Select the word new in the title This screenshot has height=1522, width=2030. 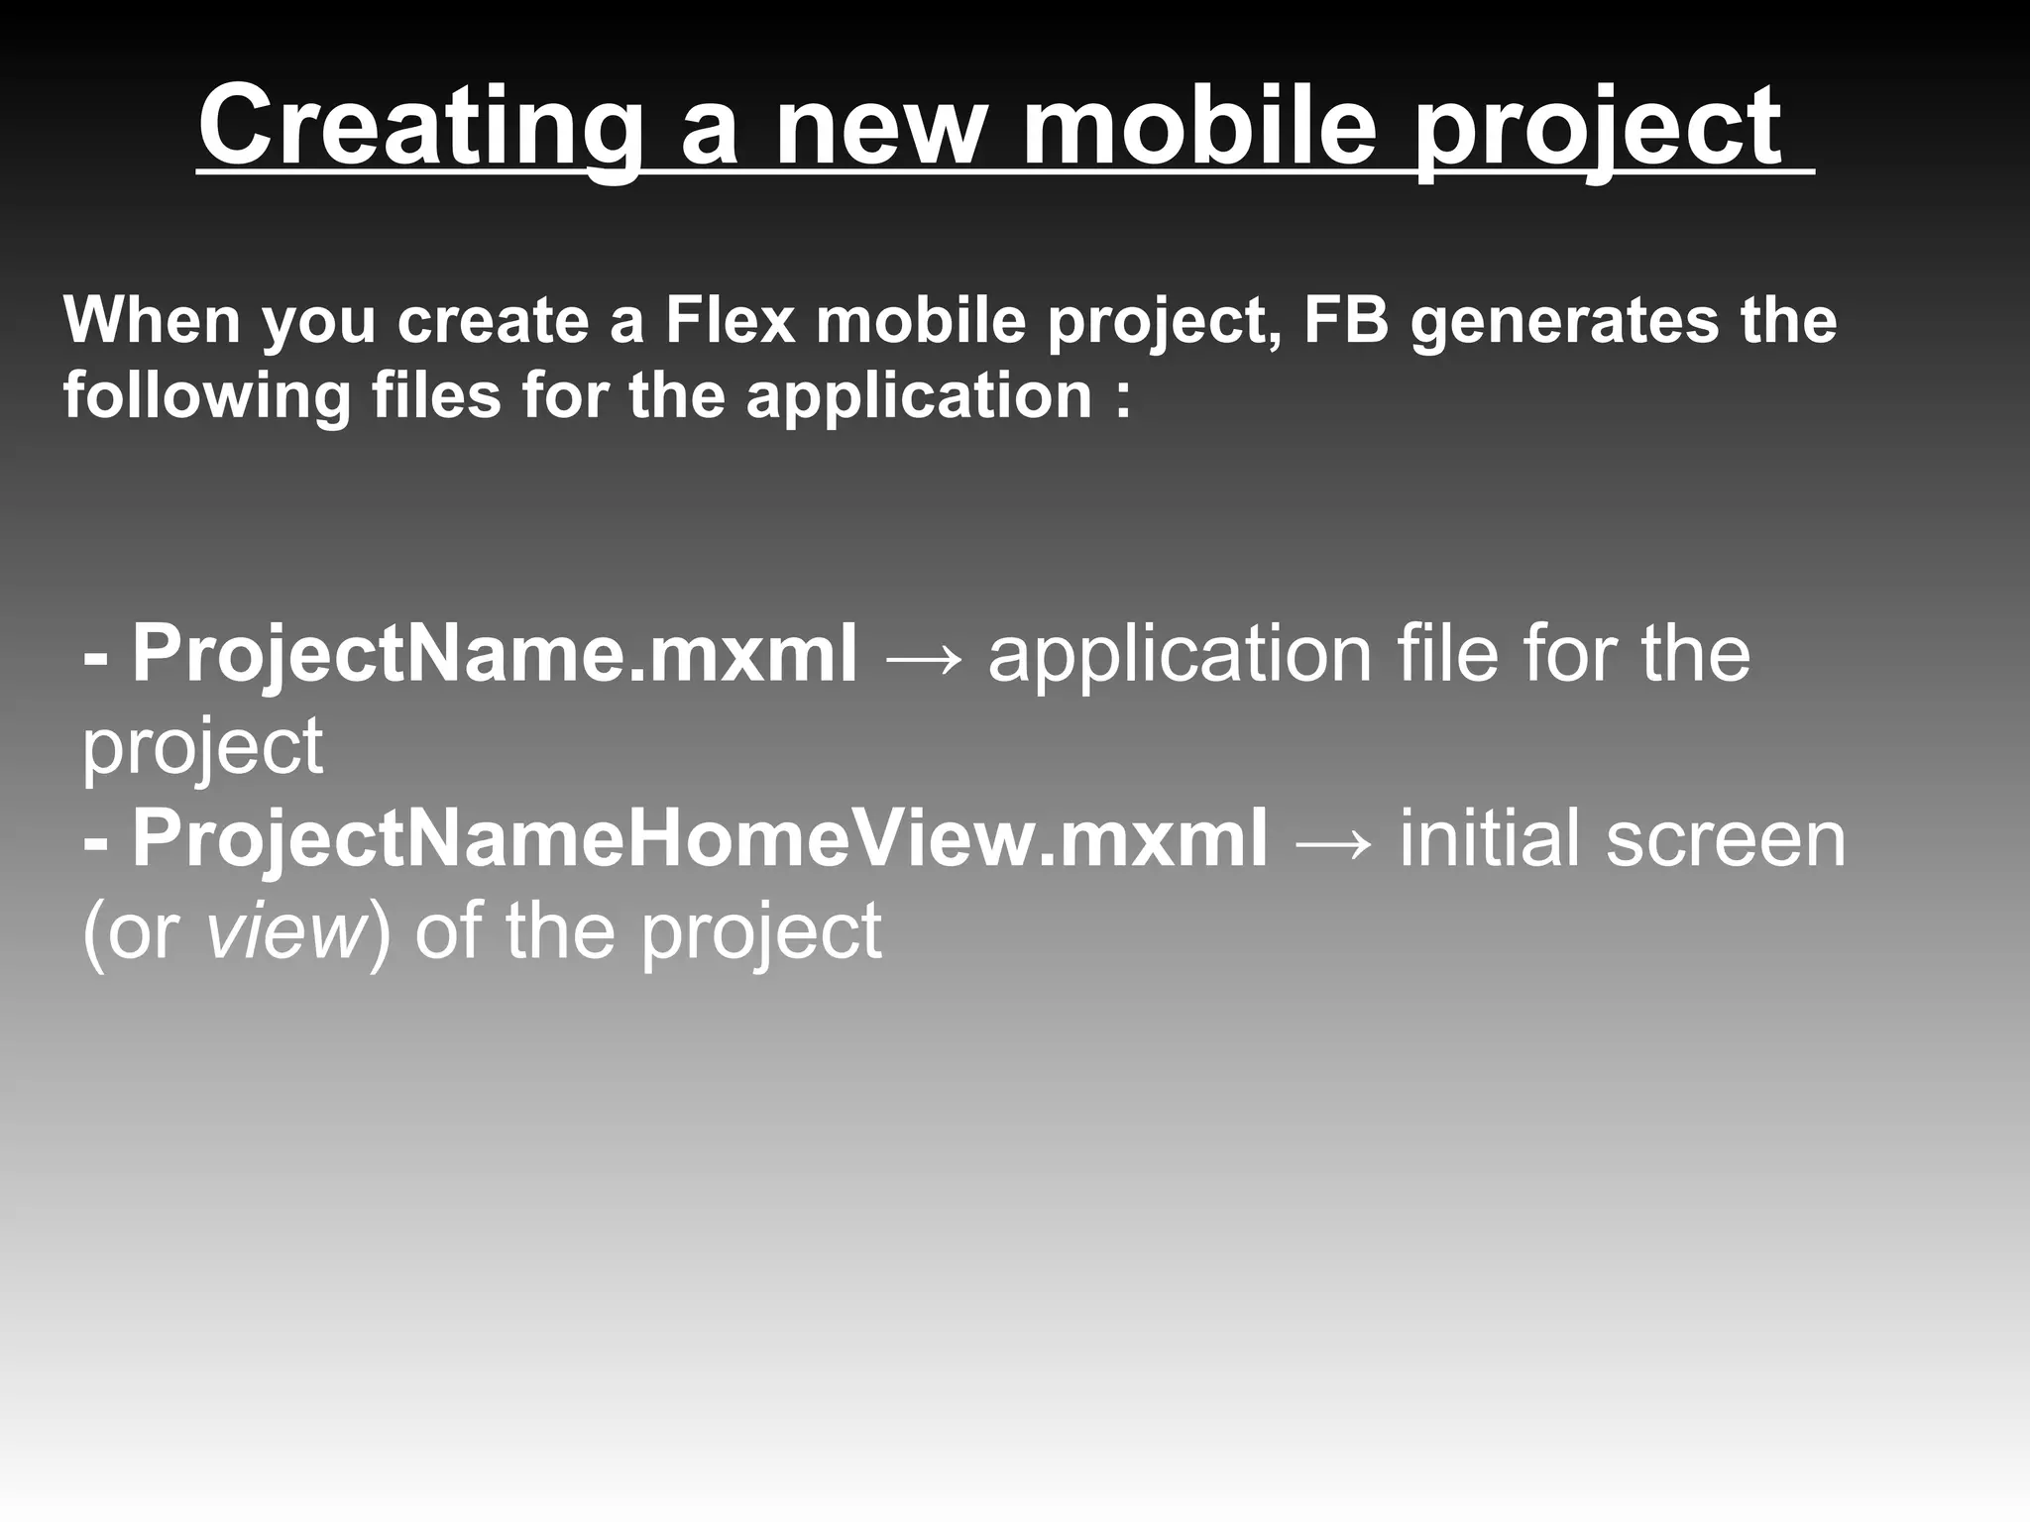(x=880, y=127)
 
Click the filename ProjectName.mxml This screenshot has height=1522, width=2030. (x=494, y=654)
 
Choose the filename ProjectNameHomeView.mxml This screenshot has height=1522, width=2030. (x=699, y=838)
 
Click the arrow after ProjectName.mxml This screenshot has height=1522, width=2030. (x=922, y=658)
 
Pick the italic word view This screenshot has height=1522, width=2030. (x=285, y=931)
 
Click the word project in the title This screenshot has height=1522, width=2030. (x=1597, y=127)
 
